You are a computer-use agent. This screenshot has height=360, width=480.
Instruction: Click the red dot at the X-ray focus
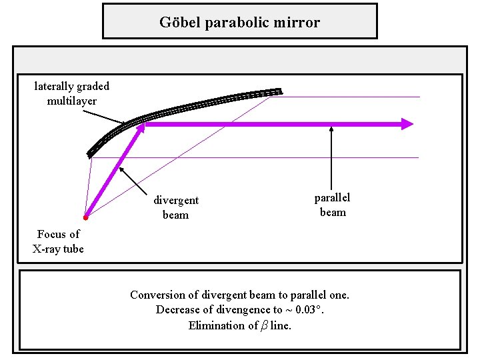(x=86, y=218)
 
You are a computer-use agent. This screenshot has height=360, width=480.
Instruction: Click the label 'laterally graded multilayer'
(x=71, y=93)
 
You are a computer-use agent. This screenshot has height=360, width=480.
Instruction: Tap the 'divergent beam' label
(x=176, y=207)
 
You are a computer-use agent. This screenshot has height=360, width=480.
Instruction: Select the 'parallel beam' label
(x=332, y=205)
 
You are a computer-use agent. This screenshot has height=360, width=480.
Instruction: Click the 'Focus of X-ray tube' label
(x=58, y=241)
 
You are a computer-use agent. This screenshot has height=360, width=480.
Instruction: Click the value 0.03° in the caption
(x=319, y=310)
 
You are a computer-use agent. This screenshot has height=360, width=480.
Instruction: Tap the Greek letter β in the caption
(x=263, y=325)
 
